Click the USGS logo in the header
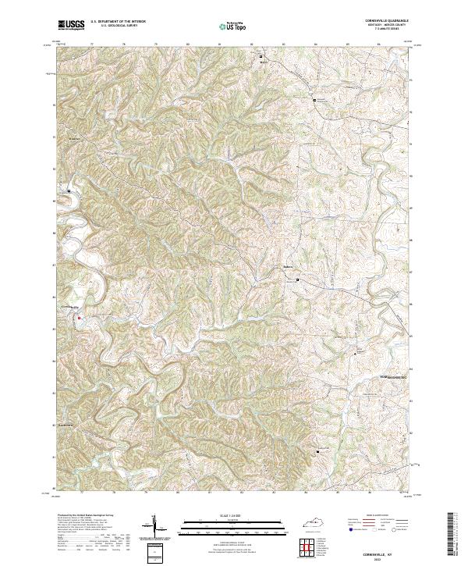coord(71,25)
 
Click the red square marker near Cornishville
coord(79,318)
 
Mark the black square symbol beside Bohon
coord(297,272)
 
